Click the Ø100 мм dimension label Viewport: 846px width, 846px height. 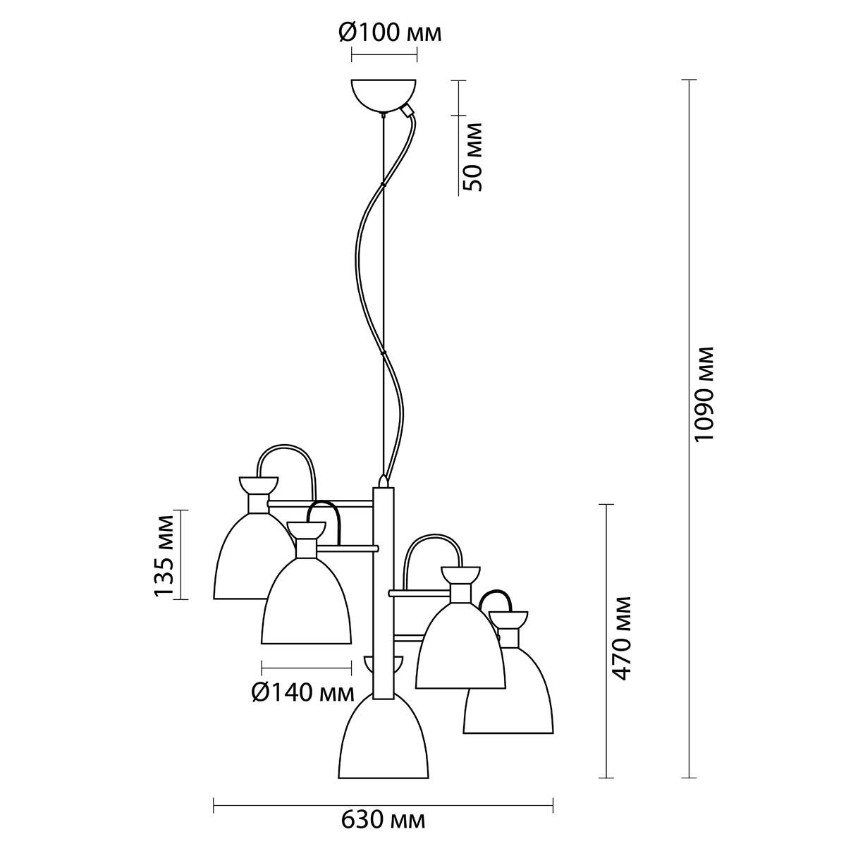(x=390, y=33)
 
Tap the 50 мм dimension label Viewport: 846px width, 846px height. (x=473, y=157)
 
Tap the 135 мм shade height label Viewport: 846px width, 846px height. (x=165, y=555)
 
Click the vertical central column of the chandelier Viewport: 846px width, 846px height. (x=384, y=593)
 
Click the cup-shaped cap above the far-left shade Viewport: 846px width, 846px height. (x=258, y=484)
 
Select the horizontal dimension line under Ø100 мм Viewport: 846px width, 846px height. (x=384, y=55)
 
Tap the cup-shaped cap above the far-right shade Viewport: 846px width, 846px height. (x=508, y=619)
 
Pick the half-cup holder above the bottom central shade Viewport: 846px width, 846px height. (x=384, y=666)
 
